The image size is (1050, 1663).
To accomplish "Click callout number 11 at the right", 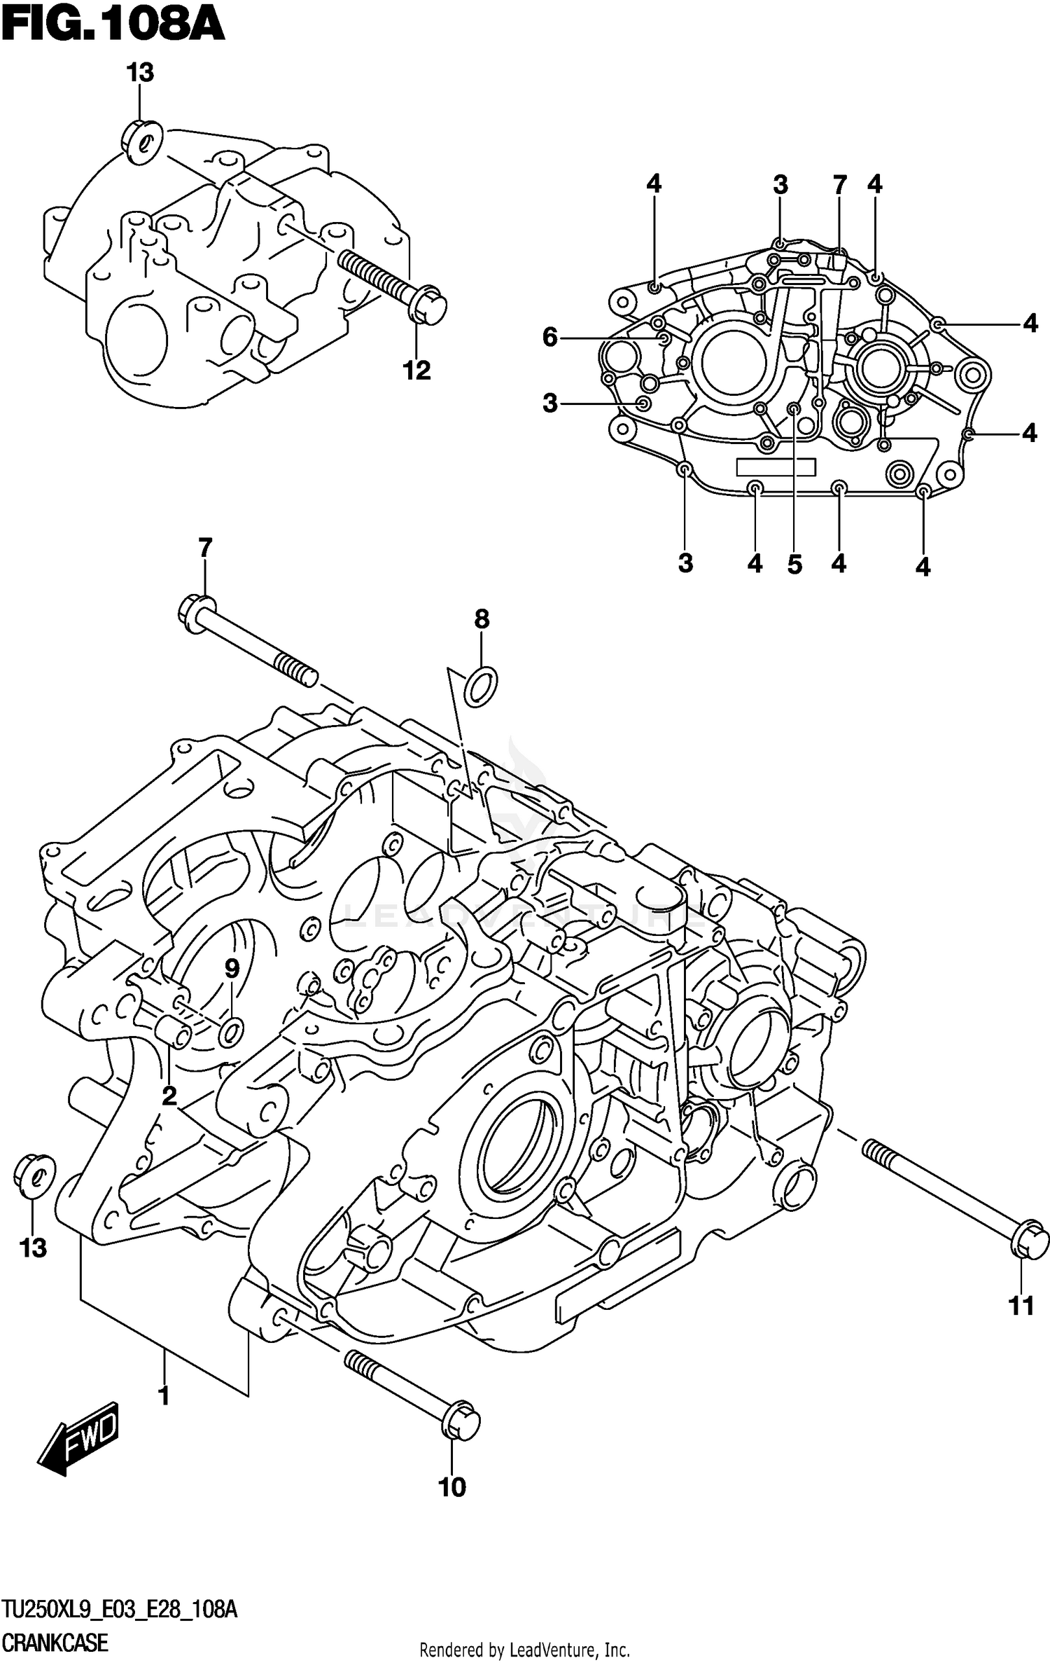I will pyautogui.click(x=1021, y=1306).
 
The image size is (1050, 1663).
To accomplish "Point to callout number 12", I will pyautogui.click(x=416, y=370).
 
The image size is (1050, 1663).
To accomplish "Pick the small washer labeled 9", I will pyautogui.click(x=232, y=1032).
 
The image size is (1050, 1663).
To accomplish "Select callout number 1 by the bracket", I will pyautogui.click(x=164, y=1396).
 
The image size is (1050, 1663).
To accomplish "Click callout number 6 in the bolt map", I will pyautogui.click(x=550, y=338).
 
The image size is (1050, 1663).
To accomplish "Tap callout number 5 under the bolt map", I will pyautogui.click(x=794, y=564).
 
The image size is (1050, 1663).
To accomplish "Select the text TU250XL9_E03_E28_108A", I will pyautogui.click(x=120, y=1608).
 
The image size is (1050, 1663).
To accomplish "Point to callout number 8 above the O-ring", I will pyautogui.click(x=482, y=619).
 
